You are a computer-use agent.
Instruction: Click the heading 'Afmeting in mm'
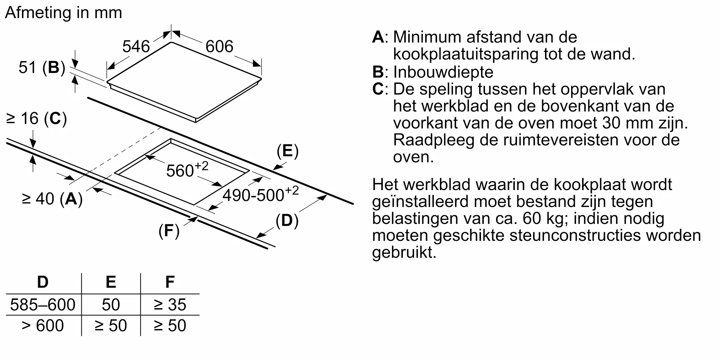64,13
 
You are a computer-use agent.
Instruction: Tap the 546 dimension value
136,47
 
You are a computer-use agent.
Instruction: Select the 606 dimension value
219,46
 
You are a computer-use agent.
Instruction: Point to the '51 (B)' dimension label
42,68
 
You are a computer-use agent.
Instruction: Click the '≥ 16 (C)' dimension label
37,119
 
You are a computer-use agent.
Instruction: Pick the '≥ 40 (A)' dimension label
52,199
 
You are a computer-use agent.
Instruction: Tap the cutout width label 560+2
187,169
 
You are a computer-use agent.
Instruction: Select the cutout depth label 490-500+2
260,194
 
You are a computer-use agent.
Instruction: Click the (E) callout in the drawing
287,151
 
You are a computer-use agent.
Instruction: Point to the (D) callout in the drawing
287,221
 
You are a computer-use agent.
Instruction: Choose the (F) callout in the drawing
169,231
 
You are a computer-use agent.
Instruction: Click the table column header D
43,282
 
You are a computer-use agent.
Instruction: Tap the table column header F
170,282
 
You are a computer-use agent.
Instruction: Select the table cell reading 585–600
43,305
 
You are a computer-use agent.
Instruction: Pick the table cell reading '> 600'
43,326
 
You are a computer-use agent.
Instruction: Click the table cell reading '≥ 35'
170,305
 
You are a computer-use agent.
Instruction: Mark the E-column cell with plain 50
111,305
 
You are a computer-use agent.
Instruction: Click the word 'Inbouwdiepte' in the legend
443,72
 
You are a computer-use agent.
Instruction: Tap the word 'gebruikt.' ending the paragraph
404,253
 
